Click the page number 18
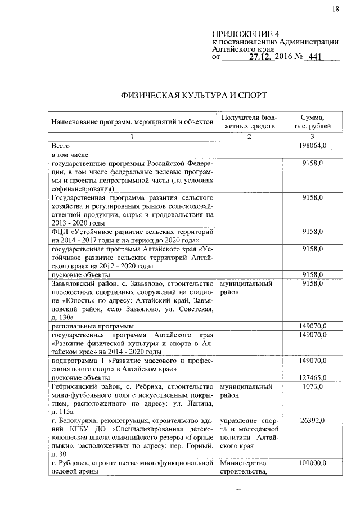click(x=336, y=8)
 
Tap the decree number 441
click(x=318, y=57)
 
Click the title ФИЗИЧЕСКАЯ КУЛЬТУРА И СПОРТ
click(x=193, y=95)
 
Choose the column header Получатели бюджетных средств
click(x=249, y=122)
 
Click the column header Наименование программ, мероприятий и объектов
click(x=132, y=122)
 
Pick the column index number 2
click(x=249, y=137)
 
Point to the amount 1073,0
click(x=312, y=387)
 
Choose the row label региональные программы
click(x=93, y=326)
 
